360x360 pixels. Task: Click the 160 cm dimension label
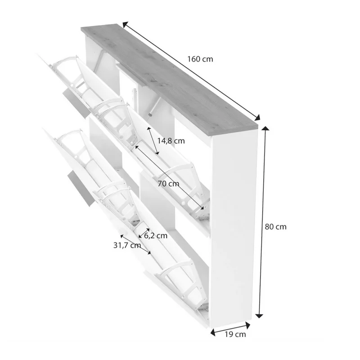(200, 59)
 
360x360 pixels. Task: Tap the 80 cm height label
(275, 227)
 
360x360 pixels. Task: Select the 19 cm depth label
(235, 334)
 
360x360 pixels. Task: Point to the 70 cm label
(168, 184)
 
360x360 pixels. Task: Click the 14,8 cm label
(171, 141)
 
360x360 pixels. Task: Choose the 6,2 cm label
(156, 235)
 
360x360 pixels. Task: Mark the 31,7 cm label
(127, 245)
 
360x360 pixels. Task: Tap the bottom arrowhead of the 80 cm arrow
(259, 316)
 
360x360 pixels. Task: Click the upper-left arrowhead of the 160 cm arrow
(125, 25)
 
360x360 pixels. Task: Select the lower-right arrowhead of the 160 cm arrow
(257, 117)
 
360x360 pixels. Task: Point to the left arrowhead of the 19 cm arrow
(213, 332)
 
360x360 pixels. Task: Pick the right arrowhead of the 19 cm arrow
(248, 325)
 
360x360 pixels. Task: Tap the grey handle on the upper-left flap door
(76, 104)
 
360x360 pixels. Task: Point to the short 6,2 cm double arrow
(144, 233)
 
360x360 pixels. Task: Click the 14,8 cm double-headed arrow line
(153, 141)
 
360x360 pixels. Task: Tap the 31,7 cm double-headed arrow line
(136, 244)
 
